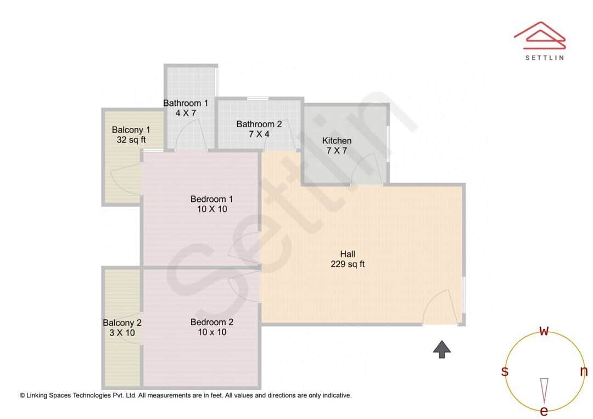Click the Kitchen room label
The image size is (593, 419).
click(x=337, y=145)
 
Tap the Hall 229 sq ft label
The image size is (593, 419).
click(x=348, y=259)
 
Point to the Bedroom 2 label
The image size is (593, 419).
click(x=212, y=327)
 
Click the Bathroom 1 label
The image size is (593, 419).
click(x=186, y=107)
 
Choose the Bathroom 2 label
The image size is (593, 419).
click(x=259, y=129)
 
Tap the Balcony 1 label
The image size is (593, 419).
click(x=131, y=134)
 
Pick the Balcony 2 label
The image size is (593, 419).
click(x=122, y=327)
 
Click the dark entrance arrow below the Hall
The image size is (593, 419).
click(x=442, y=349)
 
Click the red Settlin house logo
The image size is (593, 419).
click(x=540, y=33)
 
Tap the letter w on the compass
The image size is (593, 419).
click(x=544, y=331)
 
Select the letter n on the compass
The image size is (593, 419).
click(x=584, y=371)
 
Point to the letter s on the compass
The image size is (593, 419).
click(x=505, y=371)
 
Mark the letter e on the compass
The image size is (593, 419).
click(x=544, y=411)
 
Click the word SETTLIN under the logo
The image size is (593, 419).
click(x=544, y=57)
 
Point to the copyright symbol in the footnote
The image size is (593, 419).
click(x=23, y=395)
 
